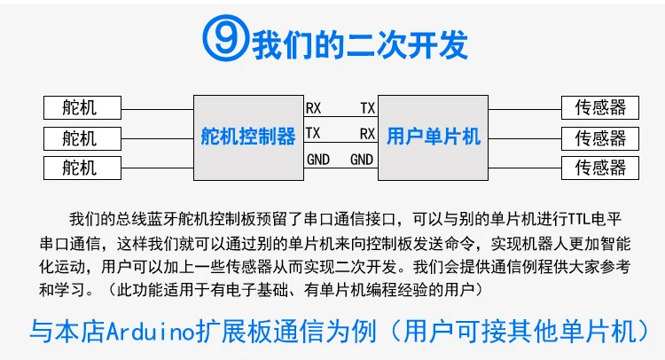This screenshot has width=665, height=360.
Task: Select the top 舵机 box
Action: [x=81, y=108]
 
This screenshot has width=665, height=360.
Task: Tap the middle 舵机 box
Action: [x=81, y=137]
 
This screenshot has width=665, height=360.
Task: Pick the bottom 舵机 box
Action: [x=81, y=167]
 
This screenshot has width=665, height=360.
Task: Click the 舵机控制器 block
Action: [x=248, y=137]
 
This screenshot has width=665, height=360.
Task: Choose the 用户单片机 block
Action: [x=434, y=137]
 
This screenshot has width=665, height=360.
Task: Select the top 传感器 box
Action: [x=600, y=108]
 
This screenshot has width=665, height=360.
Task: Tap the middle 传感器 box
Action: [x=600, y=137]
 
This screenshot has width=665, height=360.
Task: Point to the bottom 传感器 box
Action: [x=600, y=167]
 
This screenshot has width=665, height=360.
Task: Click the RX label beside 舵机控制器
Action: [x=314, y=108]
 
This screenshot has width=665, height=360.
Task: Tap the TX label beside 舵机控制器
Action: [x=313, y=133]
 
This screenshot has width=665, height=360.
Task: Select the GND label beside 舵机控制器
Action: [x=317, y=160]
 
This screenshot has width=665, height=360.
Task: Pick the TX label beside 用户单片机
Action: [x=367, y=108]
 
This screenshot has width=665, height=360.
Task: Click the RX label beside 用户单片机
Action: [x=367, y=133]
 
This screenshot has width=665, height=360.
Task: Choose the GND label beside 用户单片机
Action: [x=362, y=160]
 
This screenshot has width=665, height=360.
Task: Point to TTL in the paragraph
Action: [x=552, y=219]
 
